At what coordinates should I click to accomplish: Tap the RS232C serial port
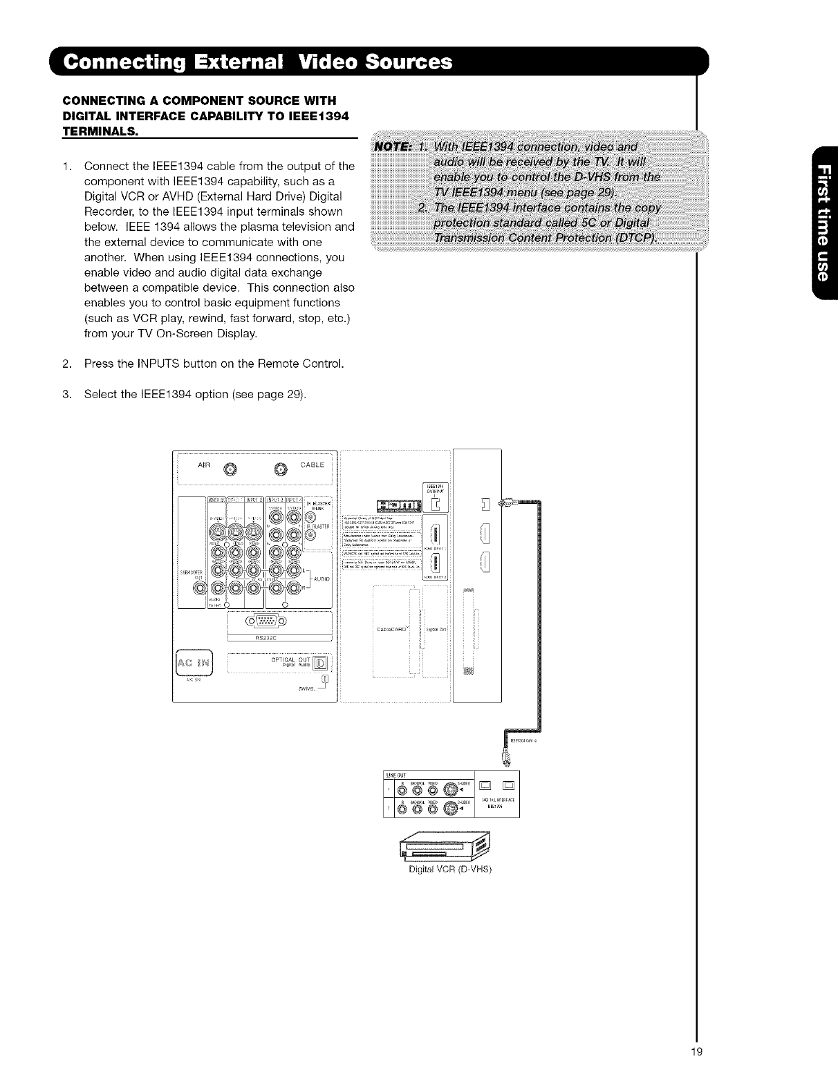pyautogui.click(x=257, y=619)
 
